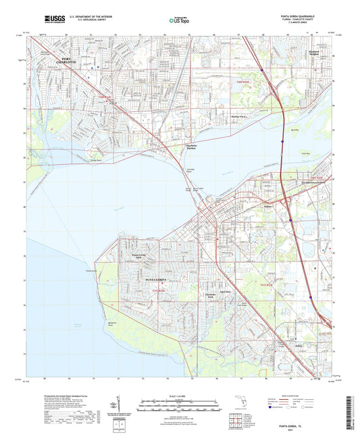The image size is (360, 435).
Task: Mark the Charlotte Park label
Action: tap(209, 296)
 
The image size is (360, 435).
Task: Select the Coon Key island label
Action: tap(305, 154)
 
